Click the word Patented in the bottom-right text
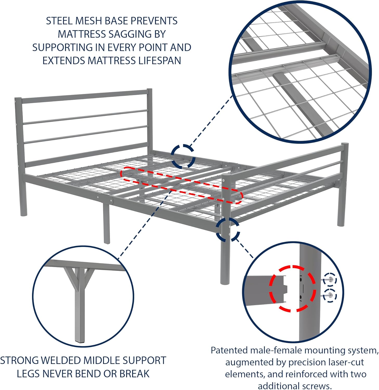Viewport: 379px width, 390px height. pyautogui.click(x=229, y=350)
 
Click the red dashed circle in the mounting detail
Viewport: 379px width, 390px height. pyautogui.click(x=292, y=288)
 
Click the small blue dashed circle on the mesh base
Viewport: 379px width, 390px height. pyautogui.click(x=183, y=156)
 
